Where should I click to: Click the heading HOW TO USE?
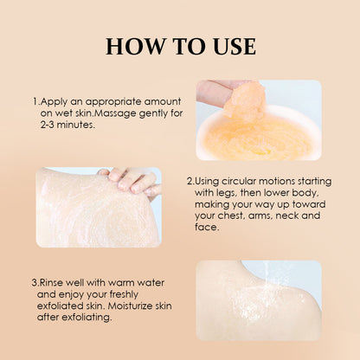(x=180, y=46)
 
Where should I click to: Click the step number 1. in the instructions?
(x=35, y=100)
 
